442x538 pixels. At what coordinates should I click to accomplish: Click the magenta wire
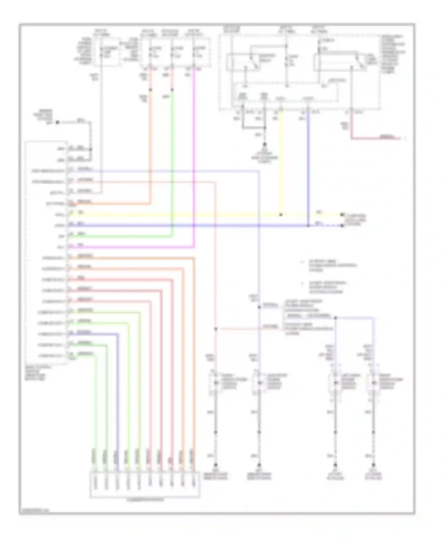point(194,159)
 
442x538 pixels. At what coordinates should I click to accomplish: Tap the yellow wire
point(177,215)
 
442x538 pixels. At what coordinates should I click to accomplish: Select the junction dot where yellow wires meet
point(281,215)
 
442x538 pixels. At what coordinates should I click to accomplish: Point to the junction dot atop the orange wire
point(150,89)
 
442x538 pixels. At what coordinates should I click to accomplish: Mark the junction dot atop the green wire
point(172,89)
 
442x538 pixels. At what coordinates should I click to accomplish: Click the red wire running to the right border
point(377,138)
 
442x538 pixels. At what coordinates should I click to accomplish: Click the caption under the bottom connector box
point(145,500)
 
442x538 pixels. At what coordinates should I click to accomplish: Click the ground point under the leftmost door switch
point(215,465)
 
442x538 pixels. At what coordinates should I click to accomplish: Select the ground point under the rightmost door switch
point(373,465)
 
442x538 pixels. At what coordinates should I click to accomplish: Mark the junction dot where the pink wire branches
point(216,329)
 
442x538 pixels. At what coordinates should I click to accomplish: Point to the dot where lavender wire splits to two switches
point(335,318)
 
